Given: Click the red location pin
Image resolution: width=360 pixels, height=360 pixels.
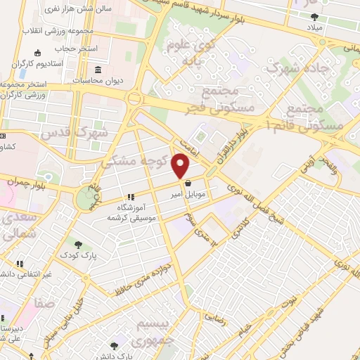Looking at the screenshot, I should point(181,166).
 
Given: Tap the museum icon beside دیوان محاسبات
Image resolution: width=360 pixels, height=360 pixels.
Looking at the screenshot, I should point(96,71).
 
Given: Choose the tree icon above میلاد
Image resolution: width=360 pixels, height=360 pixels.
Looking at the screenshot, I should point(314,16).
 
